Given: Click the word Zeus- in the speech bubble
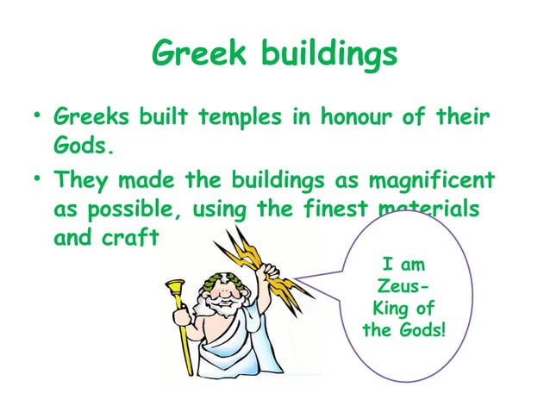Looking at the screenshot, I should tap(400, 286).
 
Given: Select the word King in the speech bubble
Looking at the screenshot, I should tap(389, 309).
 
